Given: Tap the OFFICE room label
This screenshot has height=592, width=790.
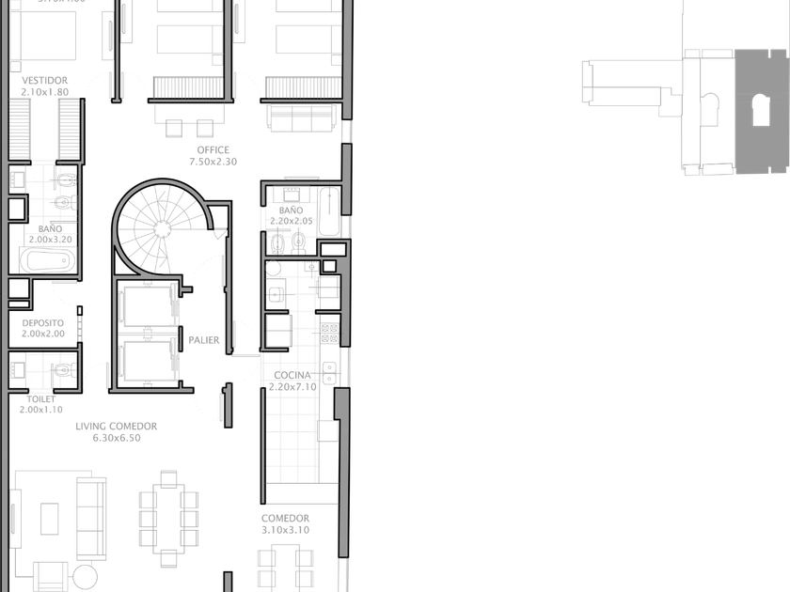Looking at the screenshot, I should click(213, 150).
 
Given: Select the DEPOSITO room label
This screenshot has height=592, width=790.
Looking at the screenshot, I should click(44, 322).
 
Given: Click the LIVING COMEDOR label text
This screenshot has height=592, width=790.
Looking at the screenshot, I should click(118, 427).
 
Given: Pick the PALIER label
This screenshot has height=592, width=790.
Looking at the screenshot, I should click(203, 339).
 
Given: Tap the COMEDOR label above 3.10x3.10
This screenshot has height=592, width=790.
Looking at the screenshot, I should click(286, 519).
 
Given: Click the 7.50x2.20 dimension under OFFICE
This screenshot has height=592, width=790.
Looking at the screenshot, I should click(213, 162).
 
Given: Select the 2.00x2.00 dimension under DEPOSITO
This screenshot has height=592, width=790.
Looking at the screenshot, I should click(44, 334).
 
